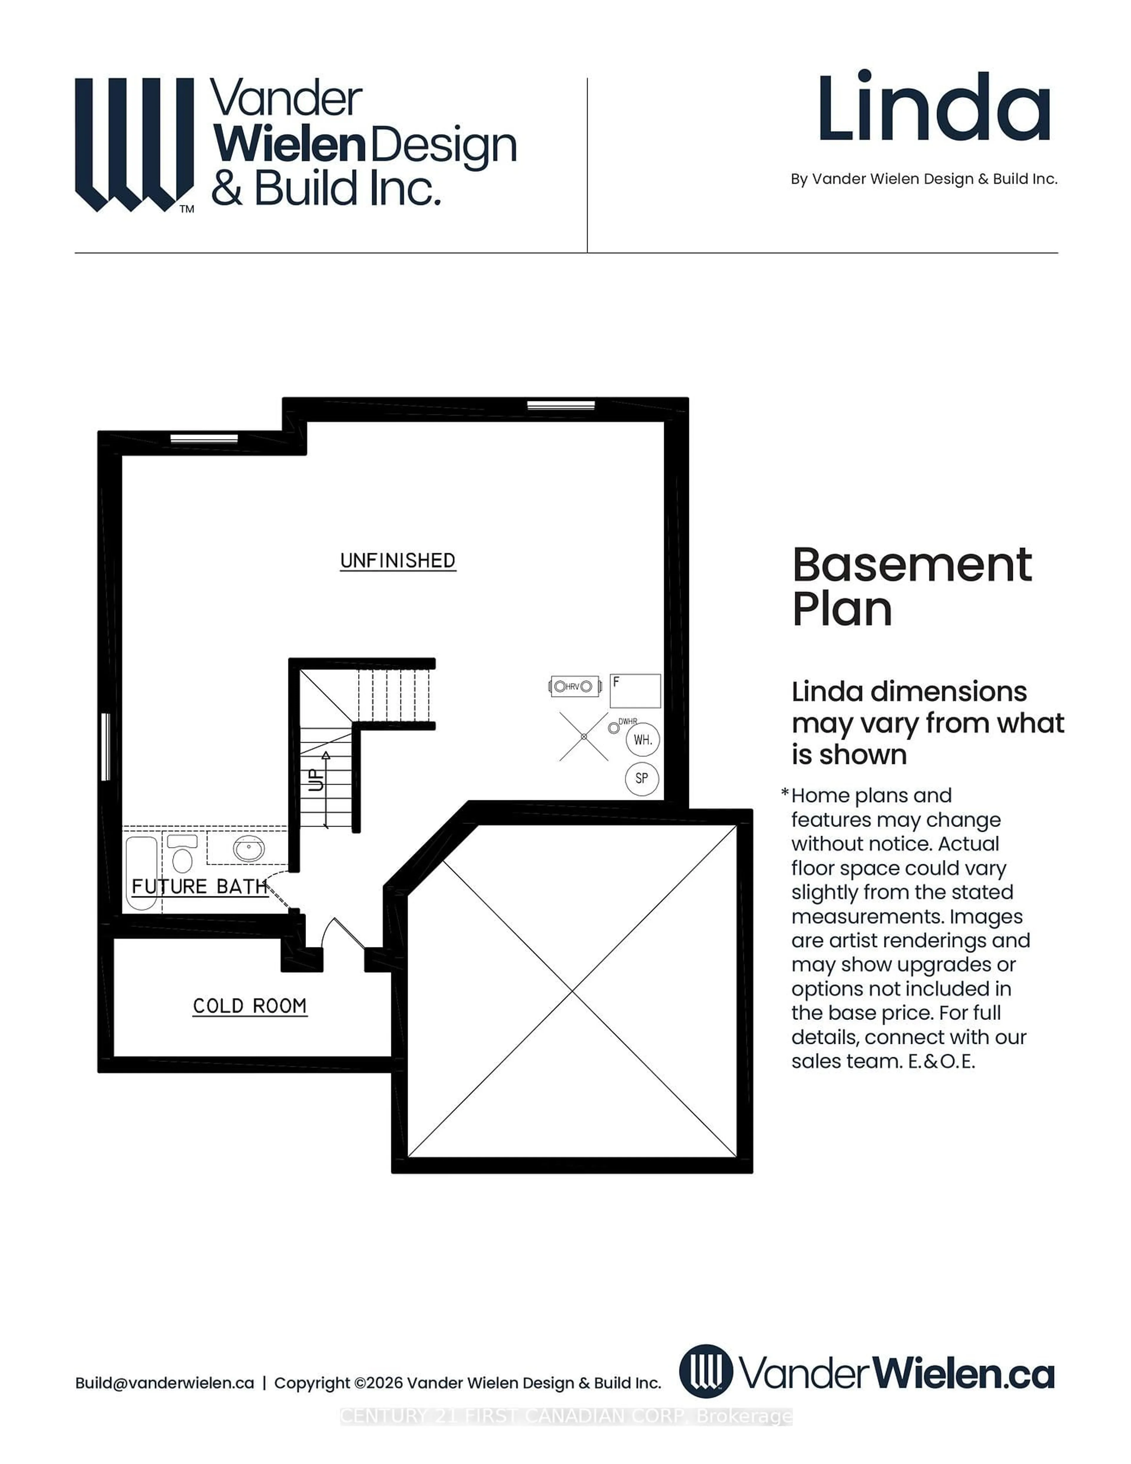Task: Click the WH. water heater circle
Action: [x=643, y=740]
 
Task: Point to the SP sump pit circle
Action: [x=642, y=778]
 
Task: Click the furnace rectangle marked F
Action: [x=635, y=690]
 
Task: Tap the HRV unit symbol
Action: [x=574, y=686]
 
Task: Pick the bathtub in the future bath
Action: [x=141, y=871]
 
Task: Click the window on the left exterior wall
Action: [x=105, y=747]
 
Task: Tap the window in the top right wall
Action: [x=561, y=405]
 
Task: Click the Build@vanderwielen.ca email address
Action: [x=165, y=1382]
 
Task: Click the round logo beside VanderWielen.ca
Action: [x=705, y=1371]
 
